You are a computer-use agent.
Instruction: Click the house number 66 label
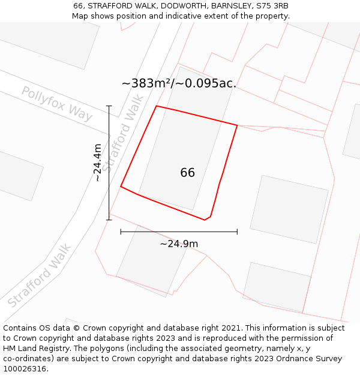[187, 173]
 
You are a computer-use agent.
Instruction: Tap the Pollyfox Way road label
[57, 103]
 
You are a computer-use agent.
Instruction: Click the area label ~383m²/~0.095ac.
[179, 83]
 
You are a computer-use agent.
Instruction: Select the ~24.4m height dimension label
[97, 163]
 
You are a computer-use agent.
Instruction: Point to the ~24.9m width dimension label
[179, 244]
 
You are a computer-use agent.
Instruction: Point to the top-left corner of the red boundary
[157, 106]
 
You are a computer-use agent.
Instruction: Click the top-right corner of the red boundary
[237, 125]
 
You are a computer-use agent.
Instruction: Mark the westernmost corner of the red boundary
[121, 187]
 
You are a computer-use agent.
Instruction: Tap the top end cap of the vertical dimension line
[109, 106]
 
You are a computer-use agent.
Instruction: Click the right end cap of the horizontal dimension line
[237, 231]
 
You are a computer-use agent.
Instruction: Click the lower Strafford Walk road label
[40, 275]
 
